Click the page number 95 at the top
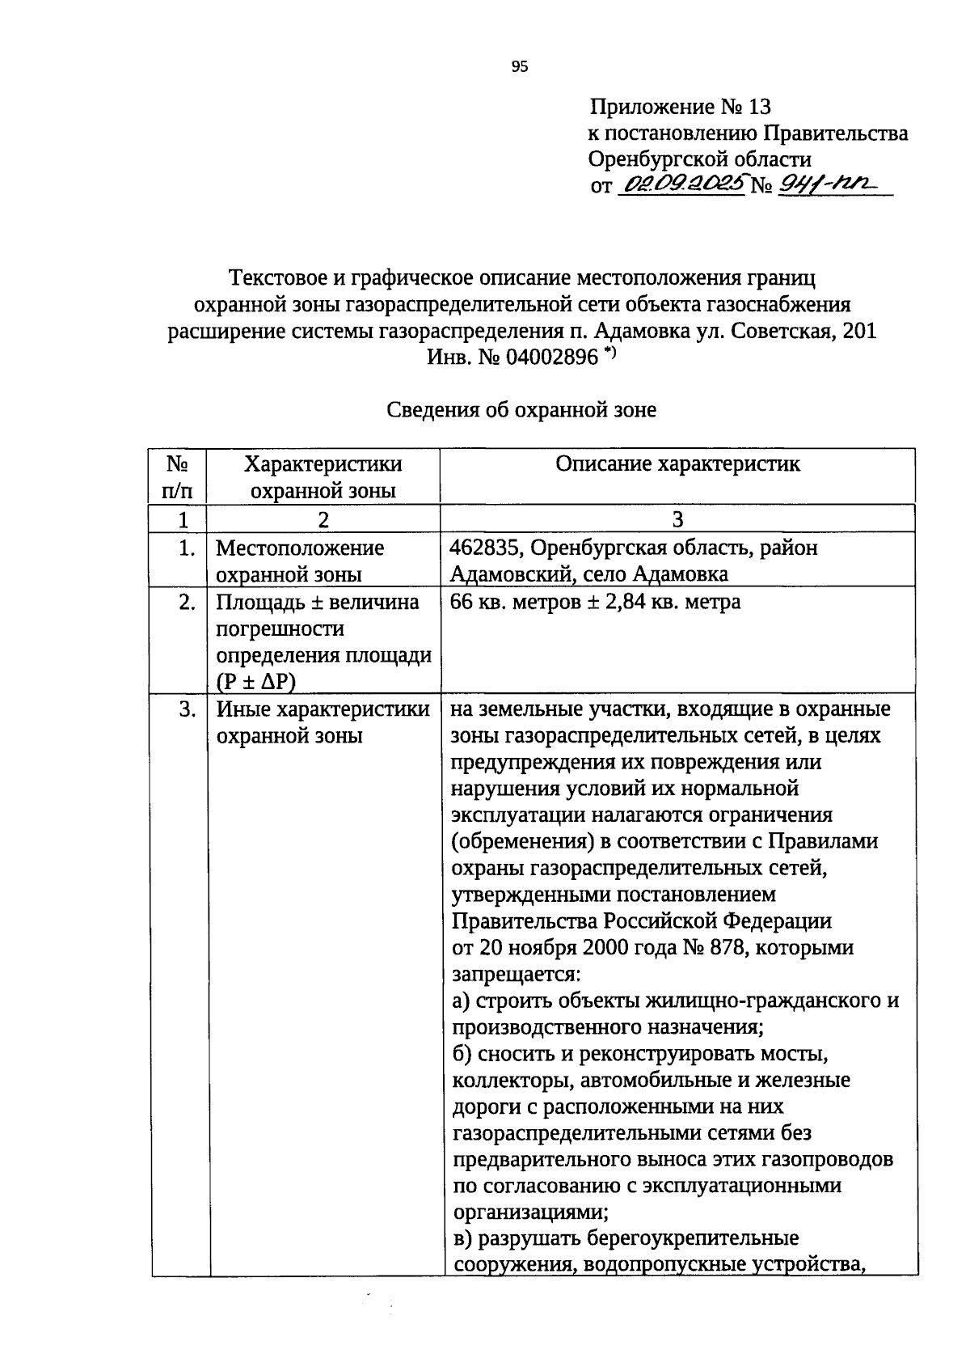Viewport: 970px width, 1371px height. pyautogui.click(x=520, y=67)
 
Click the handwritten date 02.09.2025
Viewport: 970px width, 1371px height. pyautogui.click(x=681, y=185)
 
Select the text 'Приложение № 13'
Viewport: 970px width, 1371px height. pyautogui.click(x=681, y=107)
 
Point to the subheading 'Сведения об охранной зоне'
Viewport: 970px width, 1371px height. pyautogui.click(x=521, y=410)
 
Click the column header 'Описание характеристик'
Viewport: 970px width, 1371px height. pyautogui.click(x=677, y=464)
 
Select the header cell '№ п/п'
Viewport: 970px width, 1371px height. pyautogui.click(x=178, y=477)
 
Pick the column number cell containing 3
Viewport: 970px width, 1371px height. pyautogui.click(x=677, y=519)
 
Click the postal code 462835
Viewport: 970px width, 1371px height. pyautogui.click(x=487, y=548)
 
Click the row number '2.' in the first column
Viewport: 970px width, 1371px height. pyautogui.click(x=186, y=603)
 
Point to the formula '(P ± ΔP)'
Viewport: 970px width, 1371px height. pyautogui.click(x=255, y=682)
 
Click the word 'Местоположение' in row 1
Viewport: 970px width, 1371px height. pyautogui.click(x=299, y=548)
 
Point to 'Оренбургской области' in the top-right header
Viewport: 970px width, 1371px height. pyautogui.click(x=700, y=159)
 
